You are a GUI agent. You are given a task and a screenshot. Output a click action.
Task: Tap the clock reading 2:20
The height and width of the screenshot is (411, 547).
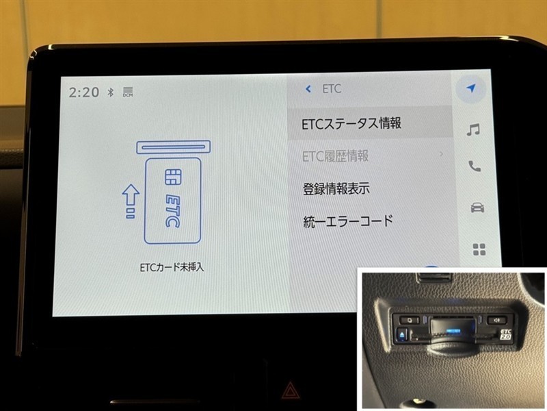[x=84, y=92]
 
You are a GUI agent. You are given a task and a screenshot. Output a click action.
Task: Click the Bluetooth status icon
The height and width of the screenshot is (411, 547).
[x=111, y=92]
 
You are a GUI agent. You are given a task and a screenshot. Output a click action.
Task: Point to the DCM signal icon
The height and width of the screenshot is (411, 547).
[x=128, y=92]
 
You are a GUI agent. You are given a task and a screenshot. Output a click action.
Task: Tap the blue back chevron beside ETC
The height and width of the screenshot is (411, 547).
[x=308, y=89]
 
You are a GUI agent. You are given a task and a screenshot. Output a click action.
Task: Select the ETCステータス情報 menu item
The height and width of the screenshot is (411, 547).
[x=351, y=123]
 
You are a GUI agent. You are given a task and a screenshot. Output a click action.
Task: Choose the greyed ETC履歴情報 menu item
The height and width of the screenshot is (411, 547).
[x=335, y=156]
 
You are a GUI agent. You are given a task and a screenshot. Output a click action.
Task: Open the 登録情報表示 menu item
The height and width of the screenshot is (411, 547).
[x=336, y=189]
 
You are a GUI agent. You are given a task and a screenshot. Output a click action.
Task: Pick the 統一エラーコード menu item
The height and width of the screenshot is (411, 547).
[x=348, y=221]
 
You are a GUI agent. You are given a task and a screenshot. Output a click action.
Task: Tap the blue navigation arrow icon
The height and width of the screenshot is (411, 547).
[x=471, y=88]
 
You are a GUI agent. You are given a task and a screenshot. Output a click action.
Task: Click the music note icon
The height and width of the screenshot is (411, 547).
[x=473, y=129]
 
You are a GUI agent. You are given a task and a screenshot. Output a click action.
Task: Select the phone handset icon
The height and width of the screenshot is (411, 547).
[x=475, y=166]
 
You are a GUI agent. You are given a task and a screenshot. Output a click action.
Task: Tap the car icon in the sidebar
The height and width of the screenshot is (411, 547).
[x=477, y=208]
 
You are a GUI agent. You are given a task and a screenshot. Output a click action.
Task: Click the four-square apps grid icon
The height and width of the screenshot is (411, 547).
[x=479, y=249]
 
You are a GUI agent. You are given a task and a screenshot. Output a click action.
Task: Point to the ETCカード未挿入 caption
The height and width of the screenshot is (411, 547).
[x=172, y=268]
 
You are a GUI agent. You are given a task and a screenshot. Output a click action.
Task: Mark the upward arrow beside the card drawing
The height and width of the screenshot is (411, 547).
[x=131, y=201]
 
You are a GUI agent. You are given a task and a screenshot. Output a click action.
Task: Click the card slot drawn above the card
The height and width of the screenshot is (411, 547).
[x=174, y=147]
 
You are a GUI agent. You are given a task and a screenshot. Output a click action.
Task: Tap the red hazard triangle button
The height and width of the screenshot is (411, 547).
[x=290, y=390]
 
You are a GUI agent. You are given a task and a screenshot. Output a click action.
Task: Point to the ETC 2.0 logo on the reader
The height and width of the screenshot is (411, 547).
[x=505, y=334]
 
